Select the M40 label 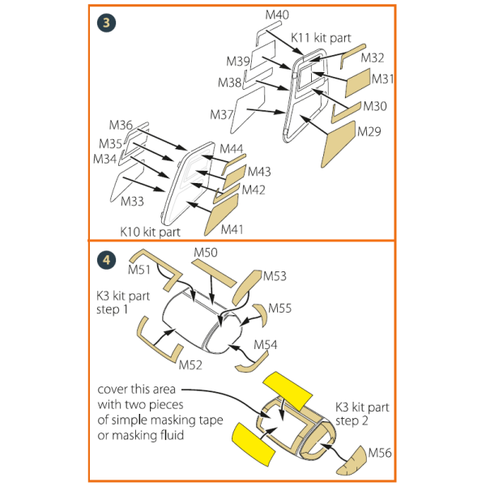click(x=276, y=15)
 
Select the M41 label click(x=232, y=228)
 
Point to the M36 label click(x=121, y=125)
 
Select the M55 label click(x=280, y=309)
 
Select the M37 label click(x=221, y=114)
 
